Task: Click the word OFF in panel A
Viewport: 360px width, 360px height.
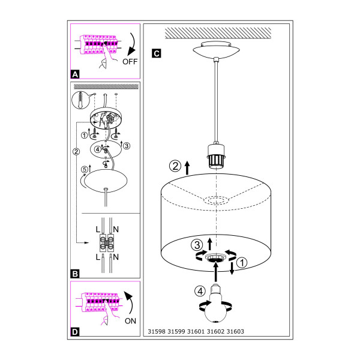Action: tap(130, 62)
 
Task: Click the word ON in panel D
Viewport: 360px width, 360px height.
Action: tap(130, 321)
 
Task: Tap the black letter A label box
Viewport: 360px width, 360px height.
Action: tap(76, 74)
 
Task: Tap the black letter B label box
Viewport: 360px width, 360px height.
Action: tap(76, 274)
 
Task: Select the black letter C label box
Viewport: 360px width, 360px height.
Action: tap(157, 53)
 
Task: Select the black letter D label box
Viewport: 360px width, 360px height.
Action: tap(76, 332)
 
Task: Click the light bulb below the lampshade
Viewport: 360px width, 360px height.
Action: tap(216, 303)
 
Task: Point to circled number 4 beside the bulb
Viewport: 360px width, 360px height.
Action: tap(200, 292)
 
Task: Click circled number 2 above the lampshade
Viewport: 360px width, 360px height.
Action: tap(175, 166)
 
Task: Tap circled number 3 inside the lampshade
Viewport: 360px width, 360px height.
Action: tap(197, 245)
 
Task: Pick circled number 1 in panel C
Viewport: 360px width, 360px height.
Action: tap(242, 263)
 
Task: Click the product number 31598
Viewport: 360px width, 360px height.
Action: tap(157, 331)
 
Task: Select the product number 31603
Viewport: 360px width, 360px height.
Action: tap(235, 331)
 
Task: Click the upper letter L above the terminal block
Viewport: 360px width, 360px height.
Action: tap(98, 229)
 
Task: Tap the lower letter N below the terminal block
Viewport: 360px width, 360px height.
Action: tap(116, 257)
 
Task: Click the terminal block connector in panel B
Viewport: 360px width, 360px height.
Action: tap(107, 243)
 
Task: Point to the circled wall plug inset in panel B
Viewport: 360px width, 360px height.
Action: tap(80, 100)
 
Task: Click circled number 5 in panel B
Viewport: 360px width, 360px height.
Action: tap(85, 169)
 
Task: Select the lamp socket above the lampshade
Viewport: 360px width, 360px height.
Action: tap(216, 156)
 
